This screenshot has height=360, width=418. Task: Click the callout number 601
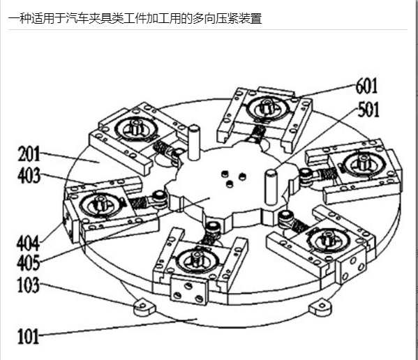367,86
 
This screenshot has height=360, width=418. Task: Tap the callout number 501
368,110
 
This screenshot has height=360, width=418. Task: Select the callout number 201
29,153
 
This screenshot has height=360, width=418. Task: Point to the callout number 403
29,175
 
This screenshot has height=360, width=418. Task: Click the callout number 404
28,243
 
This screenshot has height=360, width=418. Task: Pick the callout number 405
28,262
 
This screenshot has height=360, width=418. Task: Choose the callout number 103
29,285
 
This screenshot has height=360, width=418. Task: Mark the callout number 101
28,336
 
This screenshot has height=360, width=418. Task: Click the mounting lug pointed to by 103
144,306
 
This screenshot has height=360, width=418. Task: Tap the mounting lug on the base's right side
320,307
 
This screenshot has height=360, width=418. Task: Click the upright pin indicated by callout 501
271,188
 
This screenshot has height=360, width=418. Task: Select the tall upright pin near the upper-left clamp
193,143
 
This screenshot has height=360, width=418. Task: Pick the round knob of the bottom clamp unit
197,259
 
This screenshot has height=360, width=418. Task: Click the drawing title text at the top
135,18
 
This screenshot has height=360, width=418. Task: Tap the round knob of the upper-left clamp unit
136,127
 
